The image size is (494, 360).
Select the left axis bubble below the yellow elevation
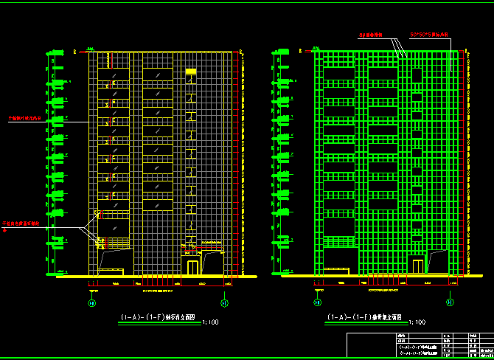pos(92,302)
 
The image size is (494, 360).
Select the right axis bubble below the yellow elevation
pos(224,302)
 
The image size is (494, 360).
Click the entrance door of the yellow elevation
pos(192,266)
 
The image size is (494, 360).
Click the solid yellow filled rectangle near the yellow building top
pos(191,71)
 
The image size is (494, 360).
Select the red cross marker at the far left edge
pos(5,230)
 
